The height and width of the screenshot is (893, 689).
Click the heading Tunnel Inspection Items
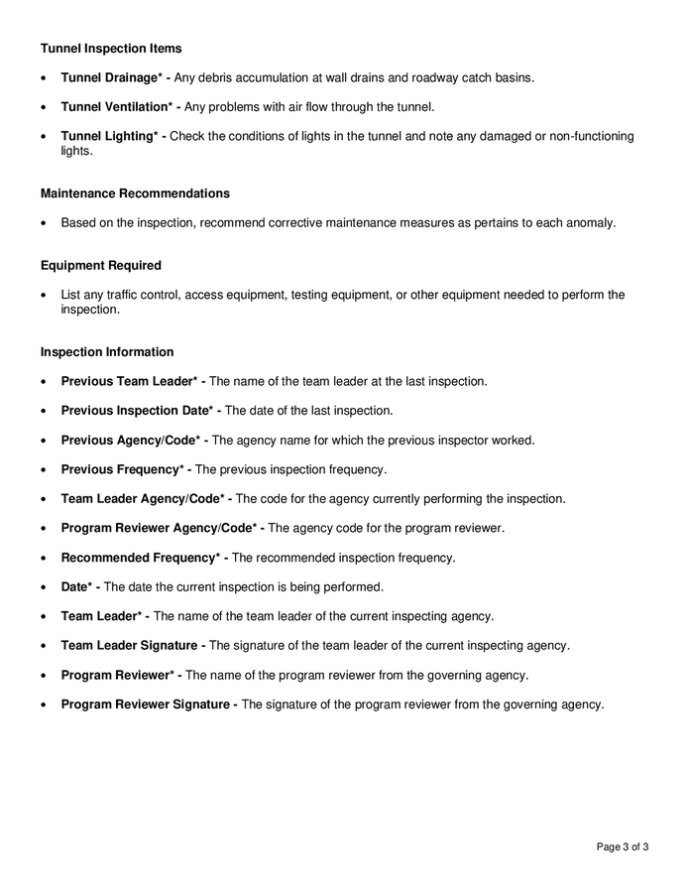(x=111, y=48)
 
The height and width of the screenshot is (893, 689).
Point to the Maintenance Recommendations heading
(x=135, y=193)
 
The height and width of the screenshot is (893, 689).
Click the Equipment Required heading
(x=101, y=266)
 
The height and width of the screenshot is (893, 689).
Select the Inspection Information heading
(x=107, y=352)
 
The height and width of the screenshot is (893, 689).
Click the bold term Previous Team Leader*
(x=132, y=381)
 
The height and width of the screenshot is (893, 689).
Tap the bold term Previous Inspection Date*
(x=137, y=411)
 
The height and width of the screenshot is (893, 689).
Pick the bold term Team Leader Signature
(x=131, y=646)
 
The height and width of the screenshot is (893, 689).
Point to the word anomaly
(x=591, y=223)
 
